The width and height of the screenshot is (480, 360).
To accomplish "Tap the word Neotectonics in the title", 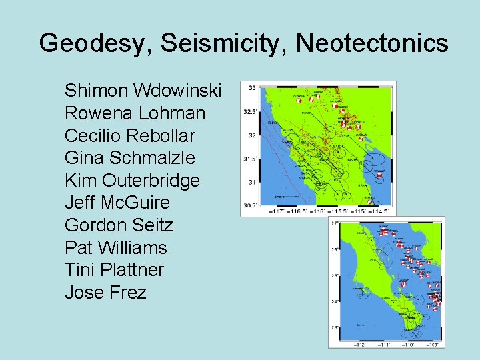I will point(372,43).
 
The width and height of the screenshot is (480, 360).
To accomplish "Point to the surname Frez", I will point(125,293).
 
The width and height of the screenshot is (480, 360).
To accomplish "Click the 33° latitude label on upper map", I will point(253,88).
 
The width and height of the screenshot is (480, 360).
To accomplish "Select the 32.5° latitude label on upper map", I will point(250,112).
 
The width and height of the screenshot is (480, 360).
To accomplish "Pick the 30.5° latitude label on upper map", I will point(250,205).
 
